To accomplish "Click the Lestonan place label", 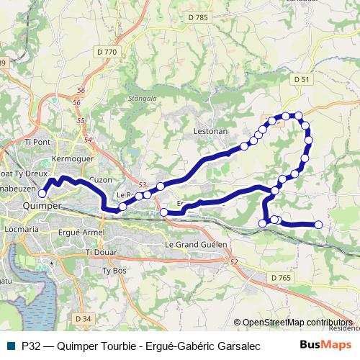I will (211, 132).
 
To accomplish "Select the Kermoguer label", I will (70, 157).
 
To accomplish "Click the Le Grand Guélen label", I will (196, 245).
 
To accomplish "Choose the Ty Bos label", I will (114, 271).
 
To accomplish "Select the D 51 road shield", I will (301, 79).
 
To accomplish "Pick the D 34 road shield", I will (84, 318).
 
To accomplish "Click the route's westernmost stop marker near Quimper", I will (42, 193).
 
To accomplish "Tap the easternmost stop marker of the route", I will (318, 225).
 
